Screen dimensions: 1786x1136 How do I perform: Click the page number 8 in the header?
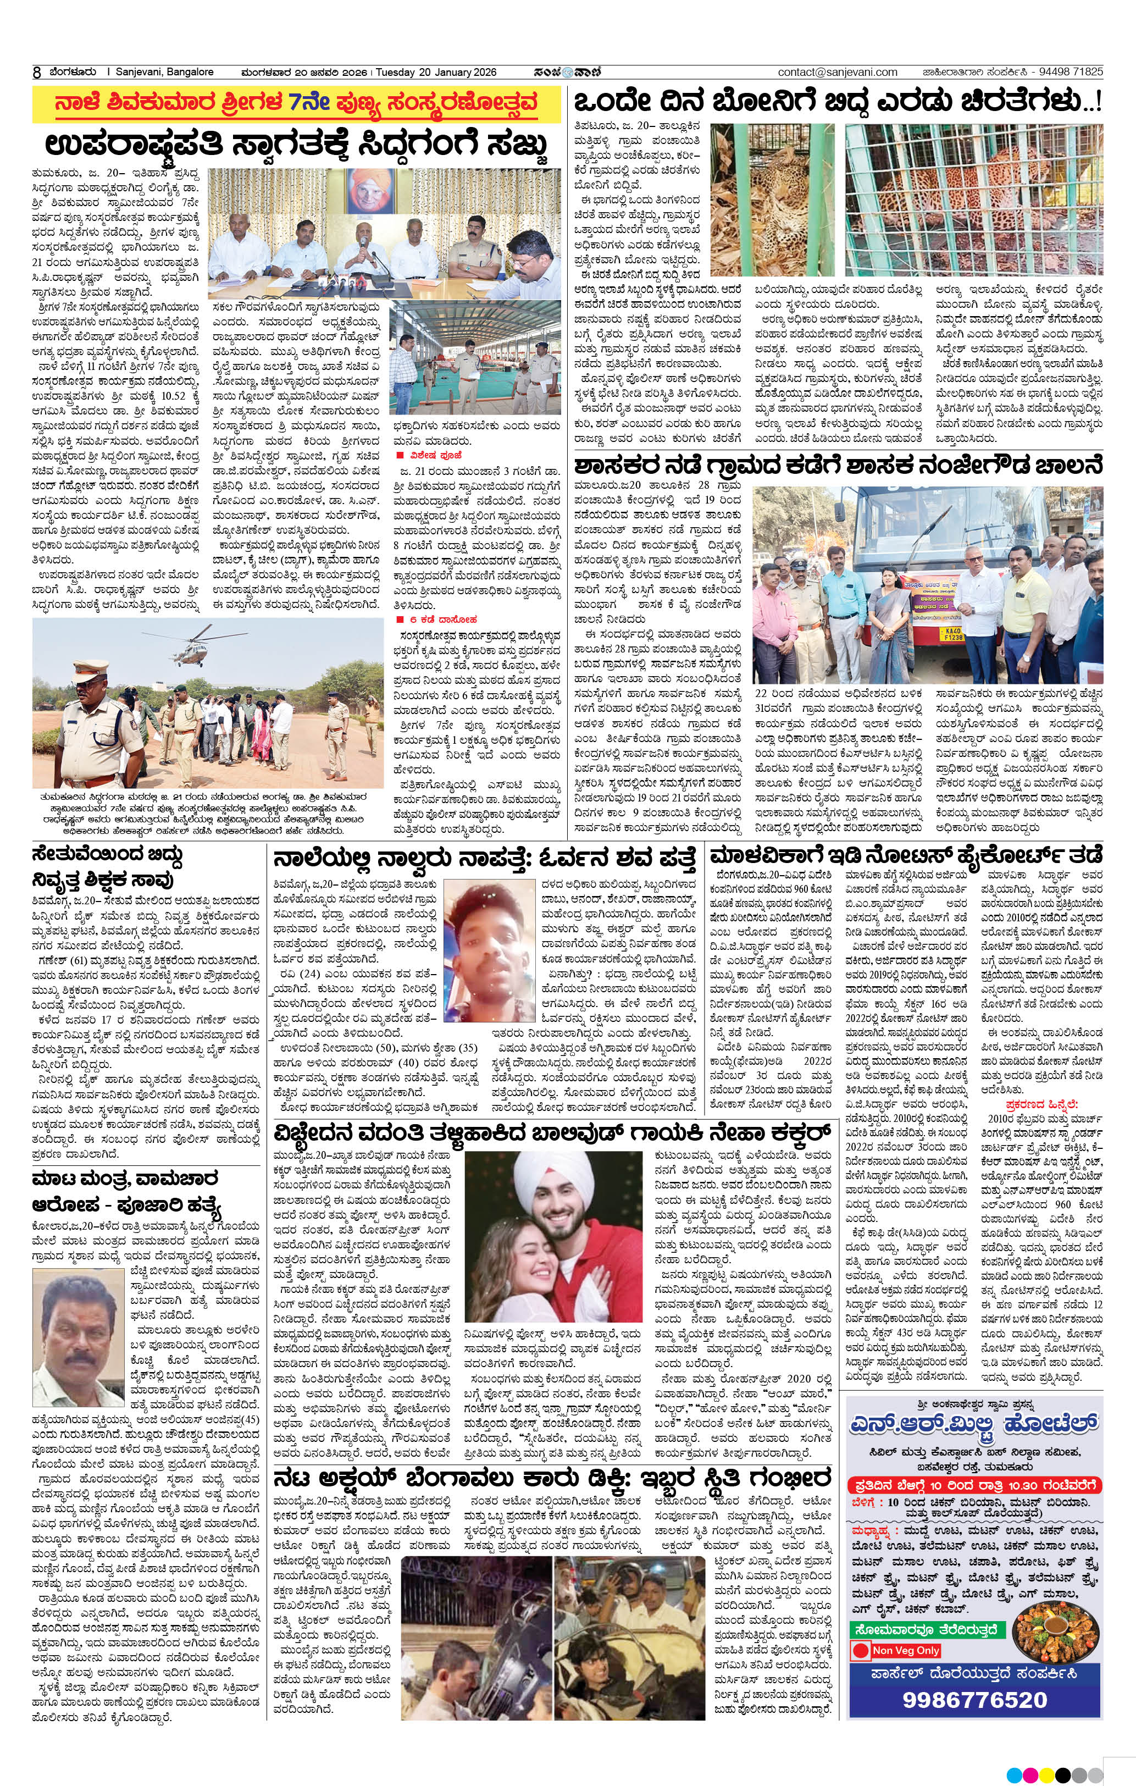(36, 73)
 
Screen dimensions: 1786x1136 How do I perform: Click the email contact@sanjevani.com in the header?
(837, 72)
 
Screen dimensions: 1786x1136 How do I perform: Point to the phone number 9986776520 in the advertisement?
(974, 1699)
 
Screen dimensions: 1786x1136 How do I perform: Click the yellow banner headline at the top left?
(296, 104)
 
